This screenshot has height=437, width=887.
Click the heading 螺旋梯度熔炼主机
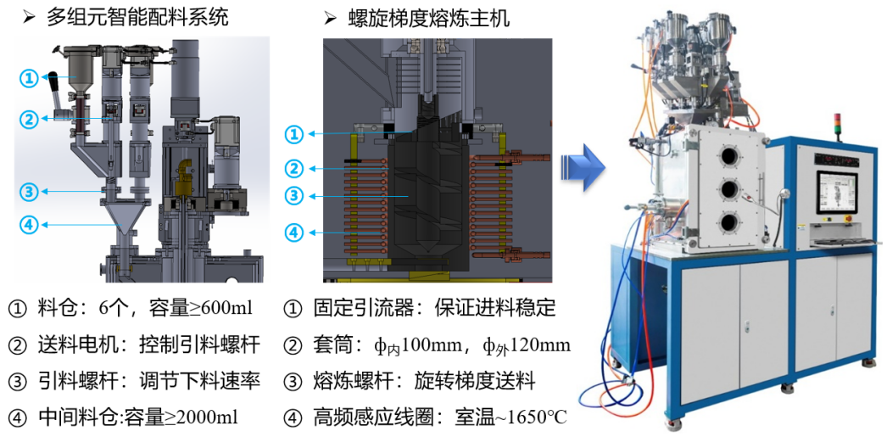[429, 18]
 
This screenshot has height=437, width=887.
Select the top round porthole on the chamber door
[728, 155]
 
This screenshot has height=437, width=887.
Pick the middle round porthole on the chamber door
[728, 188]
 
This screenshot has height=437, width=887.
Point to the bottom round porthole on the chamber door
[728, 222]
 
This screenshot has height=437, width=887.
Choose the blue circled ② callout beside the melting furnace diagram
[293, 169]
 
